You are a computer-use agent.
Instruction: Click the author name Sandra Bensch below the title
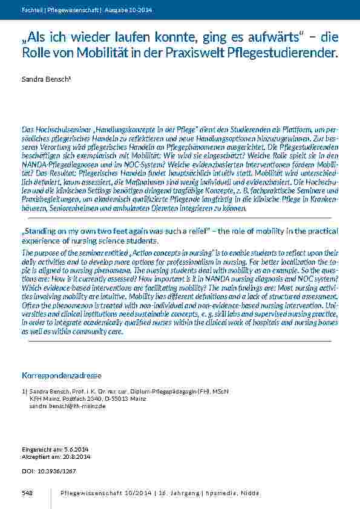pos(41,80)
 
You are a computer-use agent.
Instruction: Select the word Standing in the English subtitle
pos(43,231)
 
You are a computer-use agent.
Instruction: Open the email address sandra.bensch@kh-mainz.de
pos(67,407)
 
